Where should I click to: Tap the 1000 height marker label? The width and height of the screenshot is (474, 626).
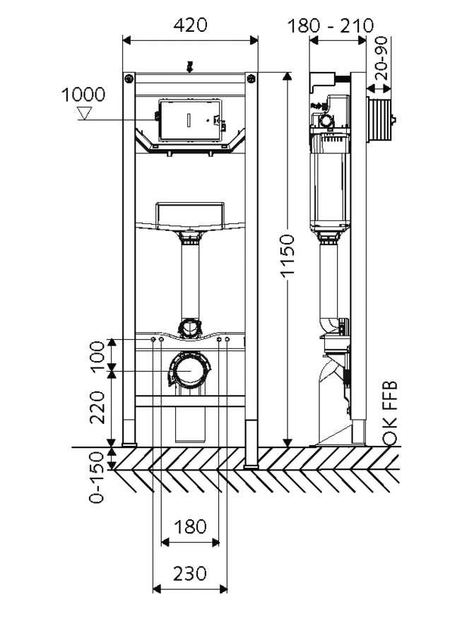click(83, 95)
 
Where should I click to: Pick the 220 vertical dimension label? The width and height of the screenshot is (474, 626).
click(96, 408)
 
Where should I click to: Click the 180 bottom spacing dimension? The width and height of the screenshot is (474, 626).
click(191, 526)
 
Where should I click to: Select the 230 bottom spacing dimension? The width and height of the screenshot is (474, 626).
click(191, 573)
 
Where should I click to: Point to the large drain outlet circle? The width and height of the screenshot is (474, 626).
click(189, 371)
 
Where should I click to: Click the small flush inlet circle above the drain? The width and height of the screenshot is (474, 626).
click(189, 327)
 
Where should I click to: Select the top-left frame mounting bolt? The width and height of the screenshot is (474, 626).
click(129, 78)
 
